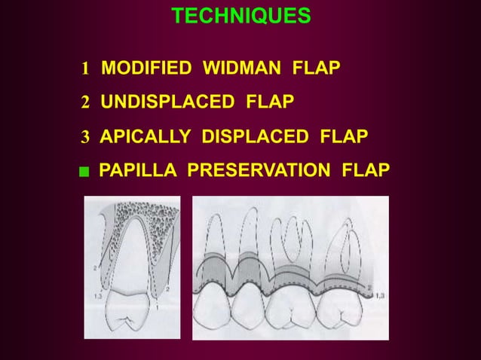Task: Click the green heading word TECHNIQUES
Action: click(240, 16)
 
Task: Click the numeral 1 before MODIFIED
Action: click(86, 71)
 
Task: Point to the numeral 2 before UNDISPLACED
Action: click(86, 102)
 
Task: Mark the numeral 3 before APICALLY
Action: click(86, 137)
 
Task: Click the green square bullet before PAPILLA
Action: click(87, 172)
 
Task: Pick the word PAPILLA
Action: click(139, 172)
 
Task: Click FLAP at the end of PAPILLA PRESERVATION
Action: click(366, 172)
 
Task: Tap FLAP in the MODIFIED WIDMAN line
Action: click(315, 70)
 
